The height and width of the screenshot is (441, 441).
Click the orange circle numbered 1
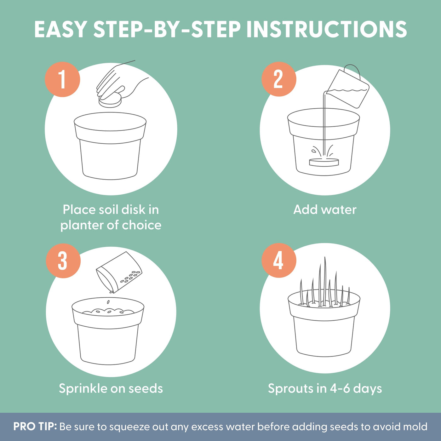click(x=62, y=79)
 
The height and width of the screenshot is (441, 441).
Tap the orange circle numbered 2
click(x=279, y=79)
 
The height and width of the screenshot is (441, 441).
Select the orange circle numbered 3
click(x=63, y=261)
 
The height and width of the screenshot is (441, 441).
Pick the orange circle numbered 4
click(x=279, y=261)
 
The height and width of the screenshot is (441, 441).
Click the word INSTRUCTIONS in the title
click(x=327, y=29)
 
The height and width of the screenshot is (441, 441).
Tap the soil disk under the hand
click(x=110, y=101)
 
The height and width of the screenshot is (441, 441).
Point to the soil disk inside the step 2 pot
click(x=324, y=162)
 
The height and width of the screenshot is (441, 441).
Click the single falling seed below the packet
click(x=108, y=302)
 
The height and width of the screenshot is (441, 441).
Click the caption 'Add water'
click(x=325, y=209)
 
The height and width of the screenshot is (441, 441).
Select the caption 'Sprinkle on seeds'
click(x=111, y=389)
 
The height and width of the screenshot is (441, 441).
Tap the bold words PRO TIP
click(x=35, y=427)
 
